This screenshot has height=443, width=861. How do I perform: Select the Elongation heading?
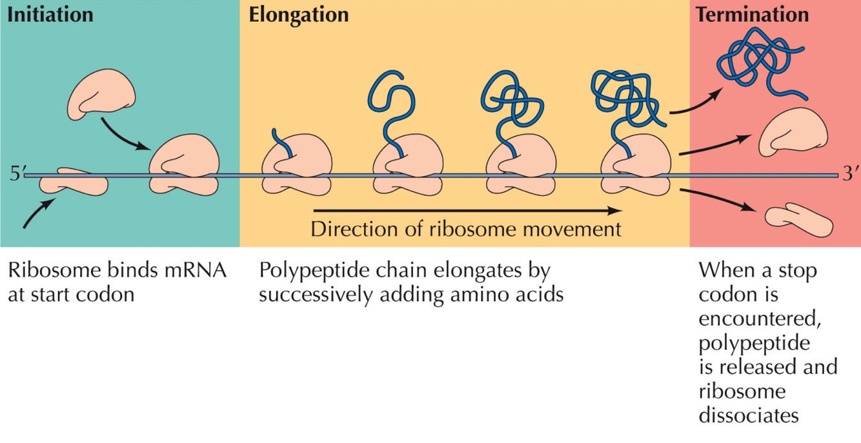[x=298, y=14]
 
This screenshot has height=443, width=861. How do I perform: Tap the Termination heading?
[x=751, y=14]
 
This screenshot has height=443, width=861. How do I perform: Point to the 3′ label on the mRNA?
[x=849, y=175]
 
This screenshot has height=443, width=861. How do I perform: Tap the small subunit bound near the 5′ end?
[x=73, y=182]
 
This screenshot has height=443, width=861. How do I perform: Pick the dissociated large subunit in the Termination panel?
[x=793, y=133]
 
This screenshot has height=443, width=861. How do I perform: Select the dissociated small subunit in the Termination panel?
[x=798, y=221]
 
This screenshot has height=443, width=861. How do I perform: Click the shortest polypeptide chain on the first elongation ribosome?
[x=281, y=143]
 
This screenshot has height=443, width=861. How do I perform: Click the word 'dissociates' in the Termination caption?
[x=748, y=415]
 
